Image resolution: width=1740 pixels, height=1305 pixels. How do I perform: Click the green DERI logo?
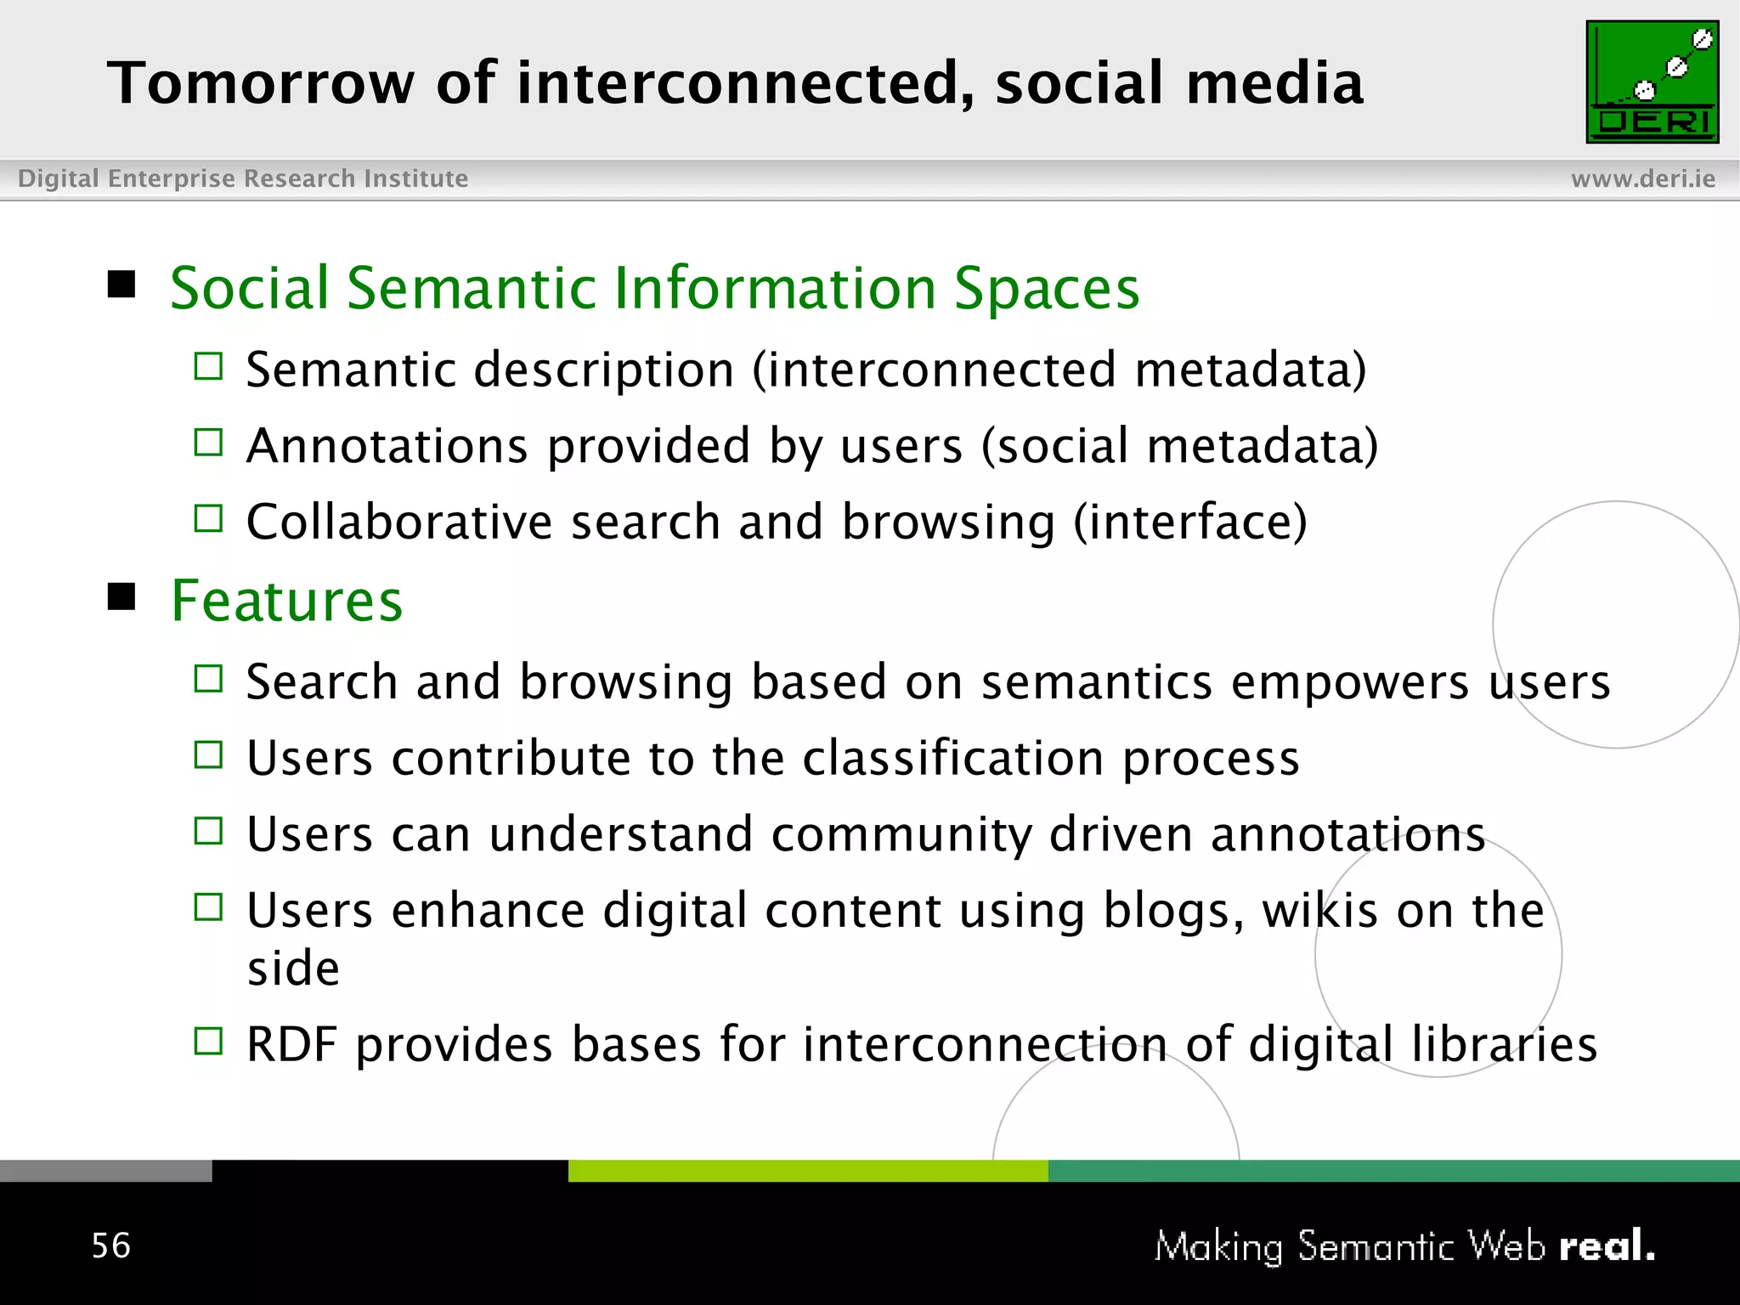click(x=1652, y=82)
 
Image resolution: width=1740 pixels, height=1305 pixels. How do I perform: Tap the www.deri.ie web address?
click(x=1642, y=178)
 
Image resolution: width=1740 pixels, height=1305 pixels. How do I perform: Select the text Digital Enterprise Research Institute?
click(x=243, y=178)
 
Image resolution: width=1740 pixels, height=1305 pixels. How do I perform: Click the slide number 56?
click(x=110, y=1246)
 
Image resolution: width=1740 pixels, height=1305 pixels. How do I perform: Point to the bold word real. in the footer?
click(x=1607, y=1246)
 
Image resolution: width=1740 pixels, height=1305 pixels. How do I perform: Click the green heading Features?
click(x=286, y=601)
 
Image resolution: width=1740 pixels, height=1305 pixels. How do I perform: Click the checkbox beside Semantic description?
click(x=208, y=366)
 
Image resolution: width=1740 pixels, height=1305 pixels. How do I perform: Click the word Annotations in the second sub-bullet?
click(x=387, y=446)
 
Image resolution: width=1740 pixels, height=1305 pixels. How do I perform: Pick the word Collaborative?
click(x=398, y=522)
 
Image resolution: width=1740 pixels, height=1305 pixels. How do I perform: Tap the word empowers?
click(x=1349, y=682)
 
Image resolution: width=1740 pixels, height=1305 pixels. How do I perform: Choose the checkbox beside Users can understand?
click(x=208, y=830)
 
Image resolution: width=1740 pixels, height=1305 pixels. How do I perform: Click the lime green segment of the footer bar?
click(x=807, y=1171)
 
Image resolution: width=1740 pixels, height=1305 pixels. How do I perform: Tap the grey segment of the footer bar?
click(x=105, y=1171)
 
